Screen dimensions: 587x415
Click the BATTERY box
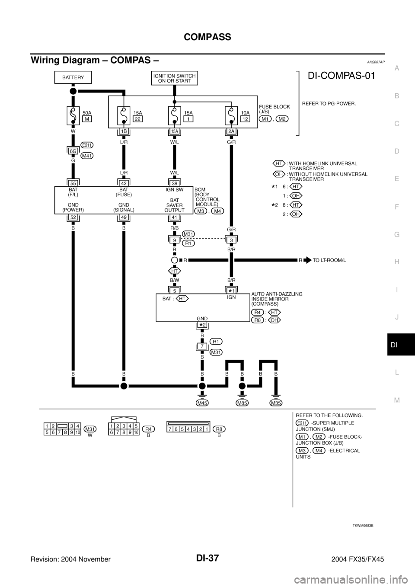pos(73,77)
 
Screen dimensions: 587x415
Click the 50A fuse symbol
pos(73,117)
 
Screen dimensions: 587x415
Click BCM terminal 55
pos(73,183)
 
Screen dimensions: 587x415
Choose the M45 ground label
pos(202,403)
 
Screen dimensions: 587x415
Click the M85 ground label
pos(242,403)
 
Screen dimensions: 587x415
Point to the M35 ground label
pos(276,403)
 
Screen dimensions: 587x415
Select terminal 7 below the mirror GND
pos(202,347)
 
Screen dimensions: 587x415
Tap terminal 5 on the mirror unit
pos(175,290)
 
